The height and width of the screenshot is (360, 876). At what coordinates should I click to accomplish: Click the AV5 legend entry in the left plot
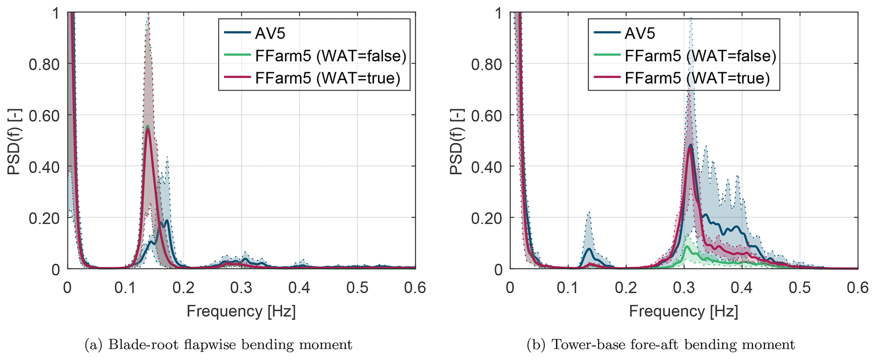coord(270,33)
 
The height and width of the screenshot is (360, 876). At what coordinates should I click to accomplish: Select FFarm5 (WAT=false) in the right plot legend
coord(700,56)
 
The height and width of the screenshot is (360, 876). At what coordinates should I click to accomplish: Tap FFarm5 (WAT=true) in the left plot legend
coord(327,78)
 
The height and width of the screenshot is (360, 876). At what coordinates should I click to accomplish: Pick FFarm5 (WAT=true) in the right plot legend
coord(697,78)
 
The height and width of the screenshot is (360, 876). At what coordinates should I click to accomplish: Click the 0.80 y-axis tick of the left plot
coord(44,64)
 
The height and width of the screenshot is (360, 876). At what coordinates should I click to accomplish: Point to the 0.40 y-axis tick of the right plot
coord(487,167)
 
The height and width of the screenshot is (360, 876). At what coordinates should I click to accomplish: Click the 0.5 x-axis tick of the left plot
coord(357,288)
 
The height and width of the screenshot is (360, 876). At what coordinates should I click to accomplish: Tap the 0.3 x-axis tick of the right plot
coord(684,288)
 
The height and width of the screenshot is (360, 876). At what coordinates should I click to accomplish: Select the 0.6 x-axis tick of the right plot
coord(857,288)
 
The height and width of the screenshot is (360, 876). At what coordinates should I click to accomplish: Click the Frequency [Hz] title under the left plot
coord(241,311)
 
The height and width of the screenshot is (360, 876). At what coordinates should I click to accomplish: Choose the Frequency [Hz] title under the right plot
coord(684,311)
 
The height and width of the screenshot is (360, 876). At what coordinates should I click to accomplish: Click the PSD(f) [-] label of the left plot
coord(14,141)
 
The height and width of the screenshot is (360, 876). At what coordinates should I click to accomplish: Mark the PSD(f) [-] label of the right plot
coord(456,141)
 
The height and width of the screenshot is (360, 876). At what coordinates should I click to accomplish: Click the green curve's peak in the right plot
coord(686,246)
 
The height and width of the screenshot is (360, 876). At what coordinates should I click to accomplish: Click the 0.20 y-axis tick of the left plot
coord(44,218)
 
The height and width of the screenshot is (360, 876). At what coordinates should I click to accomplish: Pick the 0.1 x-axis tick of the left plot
coord(125,288)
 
